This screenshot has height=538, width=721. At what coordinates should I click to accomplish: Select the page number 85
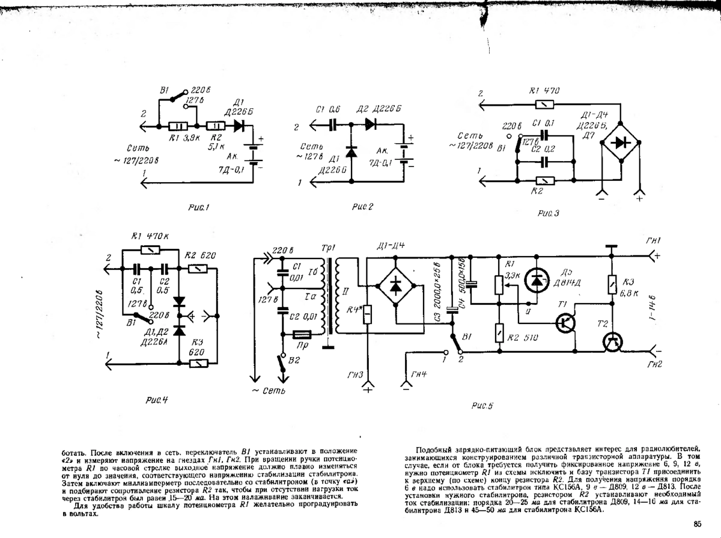pyautogui.click(x=697, y=524)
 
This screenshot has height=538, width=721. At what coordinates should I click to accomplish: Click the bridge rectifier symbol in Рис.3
pyautogui.click(x=621, y=142)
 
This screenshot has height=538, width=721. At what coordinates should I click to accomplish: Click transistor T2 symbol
pyautogui.click(x=612, y=341)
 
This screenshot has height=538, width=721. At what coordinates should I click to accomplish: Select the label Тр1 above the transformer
pyautogui.click(x=327, y=249)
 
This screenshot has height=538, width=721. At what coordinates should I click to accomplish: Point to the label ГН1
pyautogui.click(x=654, y=241)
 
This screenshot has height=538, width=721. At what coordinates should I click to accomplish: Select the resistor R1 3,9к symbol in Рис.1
pyautogui.click(x=178, y=127)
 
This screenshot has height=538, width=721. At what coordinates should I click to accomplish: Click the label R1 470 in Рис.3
pyautogui.click(x=545, y=91)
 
